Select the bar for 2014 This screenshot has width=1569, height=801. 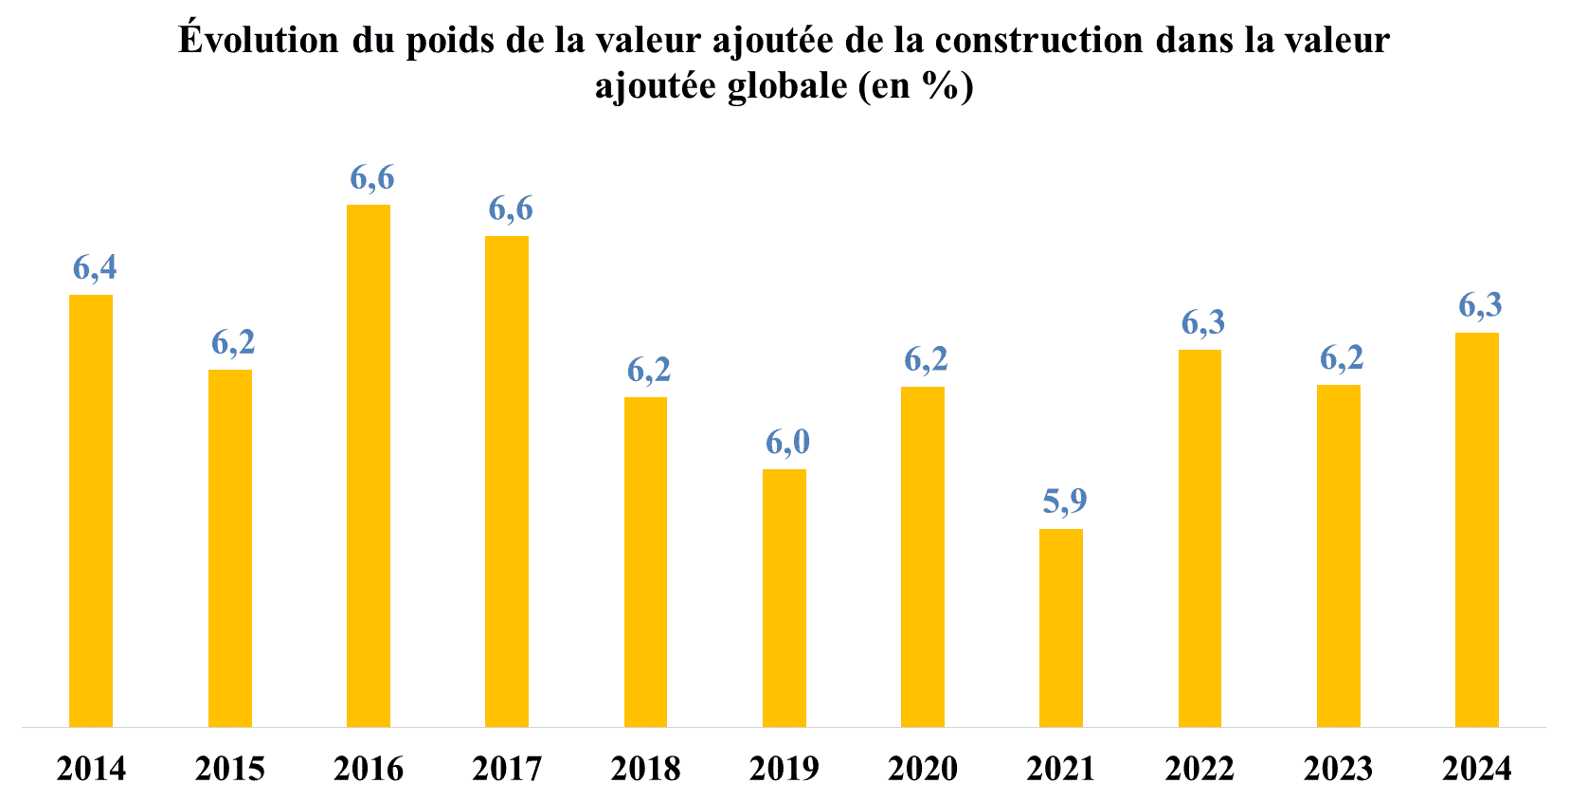pyautogui.click(x=91, y=511)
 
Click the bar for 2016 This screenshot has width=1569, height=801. pyautogui.click(x=369, y=465)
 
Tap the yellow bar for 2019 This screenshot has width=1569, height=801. pyautogui.click(x=784, y=598)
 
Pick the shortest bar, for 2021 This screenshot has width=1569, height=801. pyautogui.click(x=1061, y=628)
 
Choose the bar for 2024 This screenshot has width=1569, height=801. pyautogui.click(x=1477, y=530)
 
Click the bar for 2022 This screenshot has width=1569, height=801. pyautogui.click(x=1199, y=538)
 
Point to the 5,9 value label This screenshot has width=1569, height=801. pyautogui.click(x=1065, y=501)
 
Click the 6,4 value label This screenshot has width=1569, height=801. pyautogui.click(x=95, y=267)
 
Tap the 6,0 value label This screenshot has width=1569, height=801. pyautogui.click(x=787, y=442)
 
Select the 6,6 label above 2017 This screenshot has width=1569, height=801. pyautogui.click(x=511, y=209)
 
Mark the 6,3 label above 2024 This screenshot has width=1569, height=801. pyautogui.click(x=1480, y=305)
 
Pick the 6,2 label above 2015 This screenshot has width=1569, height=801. pyautogui.click(x=233, y=342)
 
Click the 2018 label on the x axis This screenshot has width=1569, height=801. pyautogui.click(x=645, y=769)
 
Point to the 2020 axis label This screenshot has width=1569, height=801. pyautogui.click(x=923, y=769)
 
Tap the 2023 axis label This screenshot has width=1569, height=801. pyautogui.click(x=1338, y=769)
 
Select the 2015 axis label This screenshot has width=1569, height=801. pyautogui.click(x=230, y=769)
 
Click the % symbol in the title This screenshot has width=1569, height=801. pyautogui.click(x=939, y=85)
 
